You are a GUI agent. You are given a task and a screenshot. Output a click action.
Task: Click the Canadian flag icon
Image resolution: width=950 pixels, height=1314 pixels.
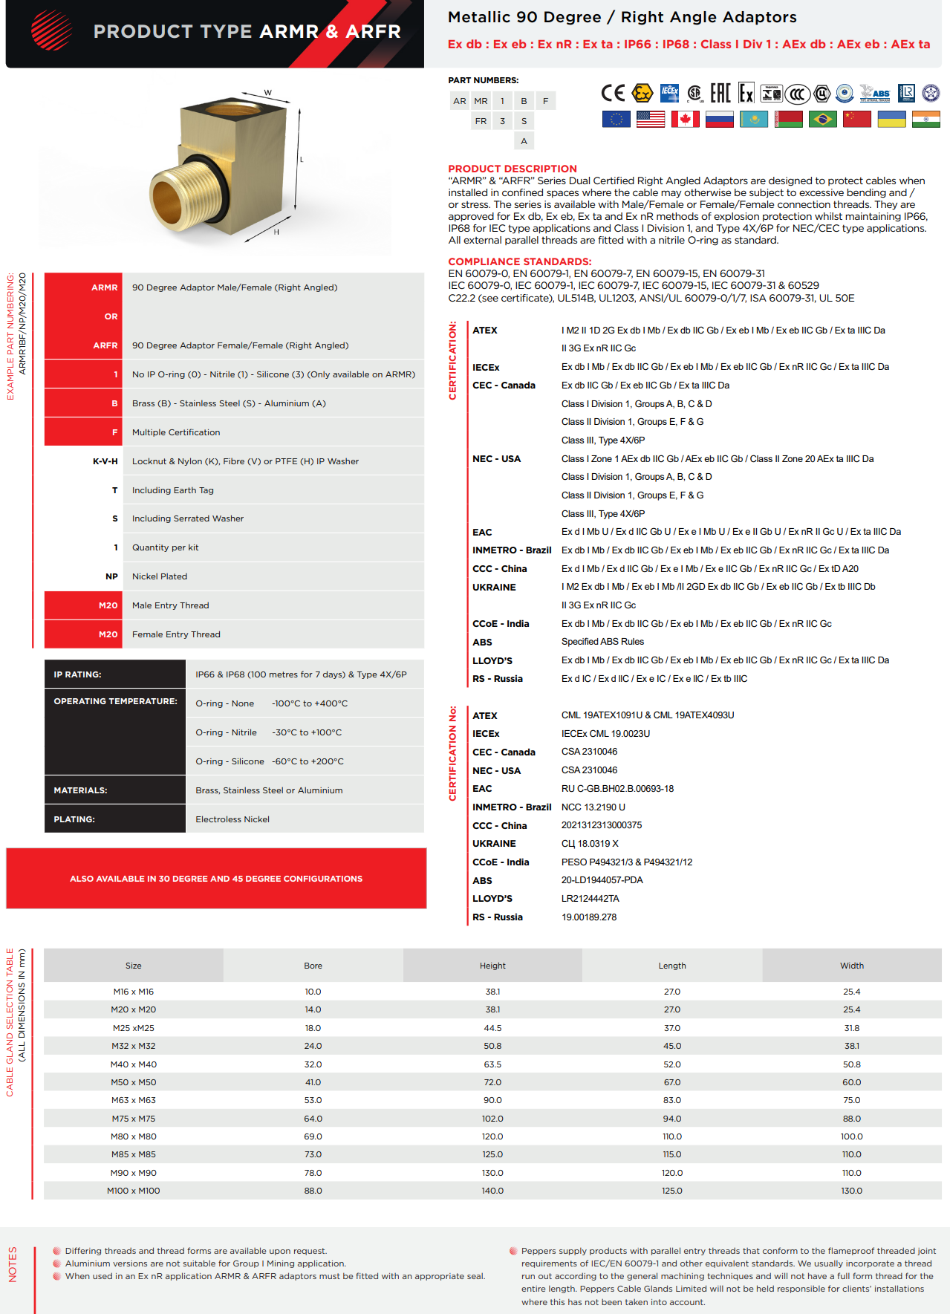coord(685,119)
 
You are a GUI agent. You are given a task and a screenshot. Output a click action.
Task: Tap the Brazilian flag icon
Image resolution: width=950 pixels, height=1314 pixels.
coord(822,119)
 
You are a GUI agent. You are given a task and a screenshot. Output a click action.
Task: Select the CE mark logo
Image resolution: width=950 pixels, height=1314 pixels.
coord(613,93)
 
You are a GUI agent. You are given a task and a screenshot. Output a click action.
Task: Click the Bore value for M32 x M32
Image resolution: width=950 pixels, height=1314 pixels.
coord(313,1046)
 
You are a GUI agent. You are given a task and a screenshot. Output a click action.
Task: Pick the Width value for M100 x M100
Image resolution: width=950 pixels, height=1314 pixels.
coord(851,1191)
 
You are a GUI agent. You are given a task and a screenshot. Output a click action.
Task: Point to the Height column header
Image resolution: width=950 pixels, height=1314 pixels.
coord(492,966)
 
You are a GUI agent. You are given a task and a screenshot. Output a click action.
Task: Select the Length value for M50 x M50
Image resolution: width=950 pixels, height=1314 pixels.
coord(671,1082)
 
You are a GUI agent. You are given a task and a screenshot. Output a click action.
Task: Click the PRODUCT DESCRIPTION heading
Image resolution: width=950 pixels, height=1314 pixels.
coord(512,169)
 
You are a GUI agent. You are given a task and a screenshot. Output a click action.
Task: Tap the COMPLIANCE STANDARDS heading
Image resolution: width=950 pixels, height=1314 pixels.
coord(519,261)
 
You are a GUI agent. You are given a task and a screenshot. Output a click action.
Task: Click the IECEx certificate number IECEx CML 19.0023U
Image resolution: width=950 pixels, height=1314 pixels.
coord(605,734)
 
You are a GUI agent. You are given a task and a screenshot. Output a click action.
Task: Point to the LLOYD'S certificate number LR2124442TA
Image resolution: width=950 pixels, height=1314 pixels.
coord(590,899)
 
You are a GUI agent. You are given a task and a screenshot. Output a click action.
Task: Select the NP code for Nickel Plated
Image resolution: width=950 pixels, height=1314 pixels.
coord(111,576)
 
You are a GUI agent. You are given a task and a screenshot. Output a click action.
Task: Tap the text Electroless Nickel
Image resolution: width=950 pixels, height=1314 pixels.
coord(232,819)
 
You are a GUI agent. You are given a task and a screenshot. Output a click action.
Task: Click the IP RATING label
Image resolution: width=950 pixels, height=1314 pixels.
coord(77,674)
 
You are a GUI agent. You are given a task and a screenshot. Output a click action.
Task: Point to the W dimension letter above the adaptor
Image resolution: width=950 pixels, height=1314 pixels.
coord(268,93)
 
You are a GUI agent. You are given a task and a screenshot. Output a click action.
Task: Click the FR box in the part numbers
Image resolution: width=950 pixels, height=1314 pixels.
coord(481,121)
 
